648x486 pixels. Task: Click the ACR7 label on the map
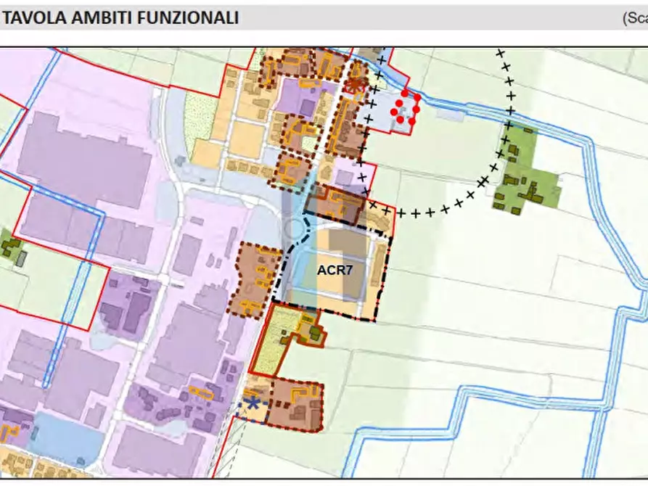pyautogui.click(x=335, y=270)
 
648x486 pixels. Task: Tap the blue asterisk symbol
pyautogui.click(x=253, y=403)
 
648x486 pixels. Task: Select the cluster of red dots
pyautogui.click(x=405, y=108)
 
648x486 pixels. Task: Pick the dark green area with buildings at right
pyautogui.click(x=528, y=174)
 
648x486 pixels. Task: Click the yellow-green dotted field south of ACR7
pyautogui.click(x=274, y=341)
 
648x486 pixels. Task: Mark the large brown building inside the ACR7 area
pyautogui.click(x=348, y=254)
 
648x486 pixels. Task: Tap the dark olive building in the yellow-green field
pyautogui.click(x=316, y=334)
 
